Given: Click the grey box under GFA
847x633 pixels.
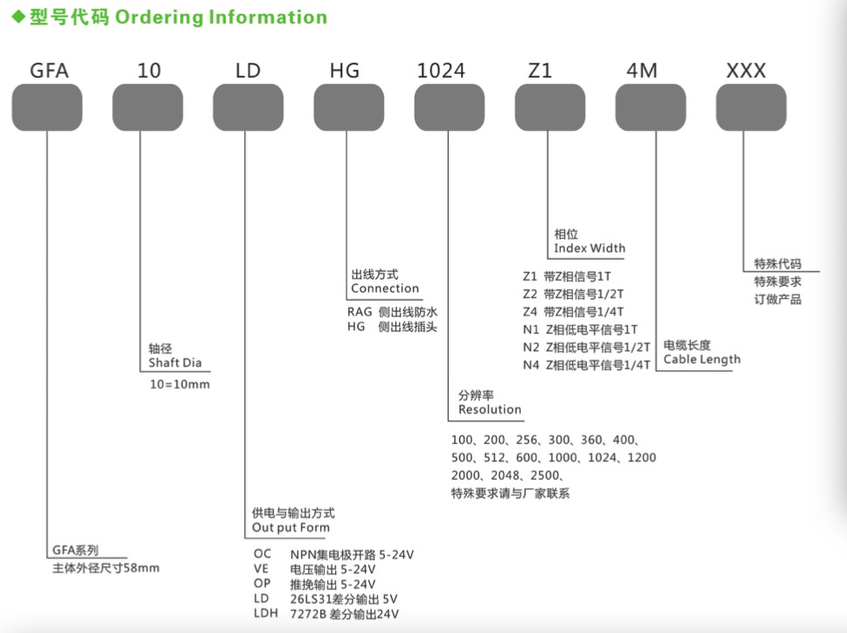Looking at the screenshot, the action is pyautogui.click(x=47, y=107).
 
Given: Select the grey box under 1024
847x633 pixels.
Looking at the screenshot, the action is pyautogui.click(x=450, y=107).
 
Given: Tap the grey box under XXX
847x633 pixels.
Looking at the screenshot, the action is pyautogui.click(x=751, y=107).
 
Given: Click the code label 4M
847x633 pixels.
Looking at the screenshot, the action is pyautogui.click(x=641, y=71).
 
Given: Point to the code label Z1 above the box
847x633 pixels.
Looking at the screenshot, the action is pyautogui.click(x=540, y=71).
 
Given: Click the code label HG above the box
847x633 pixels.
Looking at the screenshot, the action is pyautogui.click(x=345, y=71).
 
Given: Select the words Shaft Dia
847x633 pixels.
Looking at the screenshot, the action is pyautogui.click(x=175, y=363).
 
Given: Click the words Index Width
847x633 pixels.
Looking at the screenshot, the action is pyautogui.click(x=590, y=248).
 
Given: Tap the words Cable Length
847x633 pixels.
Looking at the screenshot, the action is pyautogui.click(x=702, y=359).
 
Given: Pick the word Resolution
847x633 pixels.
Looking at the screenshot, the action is pyautogui.click(x=490, y=409).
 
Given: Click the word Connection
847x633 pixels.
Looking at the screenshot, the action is pyautogui.click(x=385, y=289).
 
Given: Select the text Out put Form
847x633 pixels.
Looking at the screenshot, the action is pyautogui.click(x=290, y=527).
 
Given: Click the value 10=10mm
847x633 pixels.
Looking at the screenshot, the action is pyautogui.click(x=180, y=384).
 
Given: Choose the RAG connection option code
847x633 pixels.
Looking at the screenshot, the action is pyautogui.click(x=360, y=312).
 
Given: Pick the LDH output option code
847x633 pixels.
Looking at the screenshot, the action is pyautogui.click(x=266, y=614).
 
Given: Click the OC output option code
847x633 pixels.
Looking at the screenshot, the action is pyautogui.click(x=262, y=553).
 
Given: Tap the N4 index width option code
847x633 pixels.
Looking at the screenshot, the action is pyautogui.click(x=531, y=365).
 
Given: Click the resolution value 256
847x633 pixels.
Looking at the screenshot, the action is pyautogui.click(x=527, y=440).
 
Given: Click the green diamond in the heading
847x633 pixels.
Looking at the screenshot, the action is pyautogui.click(x=19, y=17).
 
